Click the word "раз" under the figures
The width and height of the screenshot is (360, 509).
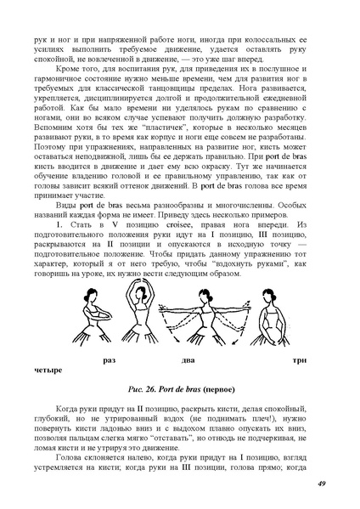click(108, 360)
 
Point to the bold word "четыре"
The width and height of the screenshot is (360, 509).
click(48, 371)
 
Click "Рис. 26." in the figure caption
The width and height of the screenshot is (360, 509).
click(141, 390)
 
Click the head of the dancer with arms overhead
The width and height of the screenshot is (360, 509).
click(140, 296)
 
